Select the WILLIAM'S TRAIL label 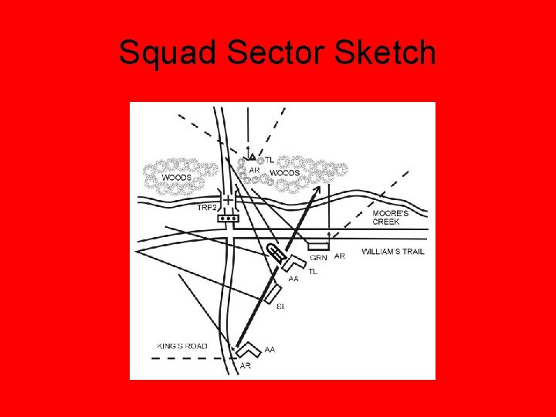392,252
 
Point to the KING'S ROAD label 182,347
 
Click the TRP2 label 208,207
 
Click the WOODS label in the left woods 176,178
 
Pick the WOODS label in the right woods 284,173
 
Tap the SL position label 280,306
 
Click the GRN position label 317,257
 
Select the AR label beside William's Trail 340,256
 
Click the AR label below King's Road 245,366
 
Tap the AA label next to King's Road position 270,350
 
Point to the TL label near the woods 270,159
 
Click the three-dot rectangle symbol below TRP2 229,219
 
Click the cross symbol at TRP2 229,200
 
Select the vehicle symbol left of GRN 275,253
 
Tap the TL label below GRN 313,271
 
